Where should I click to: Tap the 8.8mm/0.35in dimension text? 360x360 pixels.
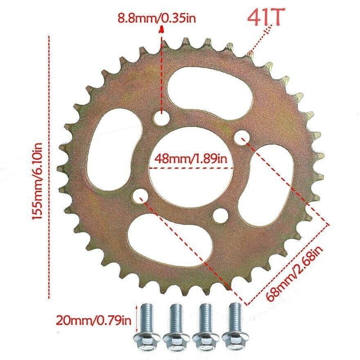(x=157, y=18)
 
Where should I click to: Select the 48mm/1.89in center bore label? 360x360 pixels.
(x=191, y=158)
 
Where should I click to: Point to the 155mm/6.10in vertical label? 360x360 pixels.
(x=37, y=181)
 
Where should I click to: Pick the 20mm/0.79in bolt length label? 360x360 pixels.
(x=94, y=321)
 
